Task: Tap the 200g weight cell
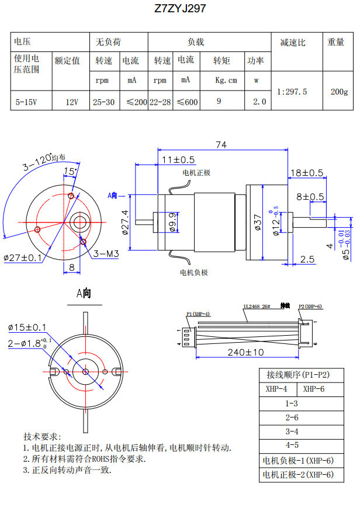339,92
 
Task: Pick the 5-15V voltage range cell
26,102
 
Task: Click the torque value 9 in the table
219,102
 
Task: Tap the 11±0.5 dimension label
178,159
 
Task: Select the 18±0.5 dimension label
307,173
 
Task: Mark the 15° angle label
70,172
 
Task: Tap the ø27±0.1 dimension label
23,258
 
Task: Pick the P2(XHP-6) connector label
310,306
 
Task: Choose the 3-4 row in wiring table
291,432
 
